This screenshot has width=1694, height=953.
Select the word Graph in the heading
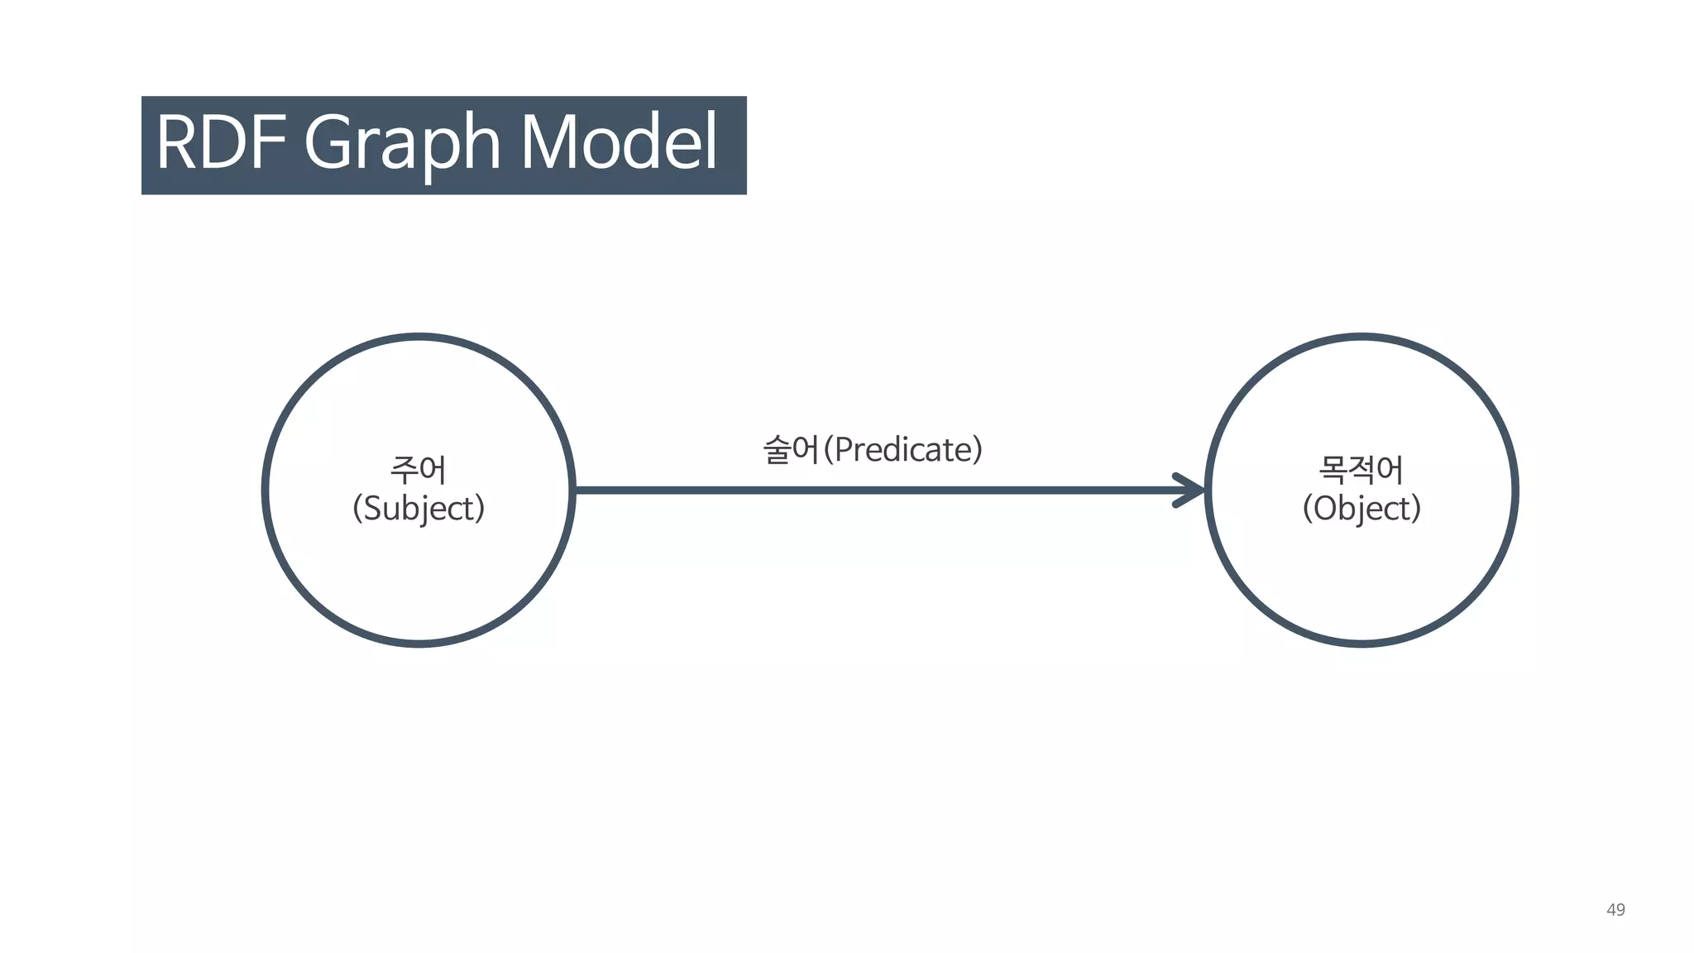(x=403, y=142)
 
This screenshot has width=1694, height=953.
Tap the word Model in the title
(x=619, y=142)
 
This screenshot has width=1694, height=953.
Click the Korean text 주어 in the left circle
(x=419, y=470)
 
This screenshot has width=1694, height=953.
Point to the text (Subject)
(x=419, y=508)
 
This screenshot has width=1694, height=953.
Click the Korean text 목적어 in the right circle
(x=1361, y=470)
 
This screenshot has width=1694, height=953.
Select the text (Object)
(x=1361, y=508)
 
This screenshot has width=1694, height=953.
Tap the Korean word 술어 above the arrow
(x=791, y=450)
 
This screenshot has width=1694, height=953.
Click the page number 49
(x=1615, y=910)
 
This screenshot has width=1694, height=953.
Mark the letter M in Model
(x=551, y=142)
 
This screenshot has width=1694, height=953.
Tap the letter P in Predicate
(x=844, y=450)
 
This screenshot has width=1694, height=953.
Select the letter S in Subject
(x=373, y=508)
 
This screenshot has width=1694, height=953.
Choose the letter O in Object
(x=1325, y=508)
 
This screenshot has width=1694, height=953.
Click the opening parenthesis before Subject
(x=357, y=508)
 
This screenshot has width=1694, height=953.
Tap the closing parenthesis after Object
(x=1417, y=508)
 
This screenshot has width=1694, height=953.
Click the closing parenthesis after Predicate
(x=979, y=450)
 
